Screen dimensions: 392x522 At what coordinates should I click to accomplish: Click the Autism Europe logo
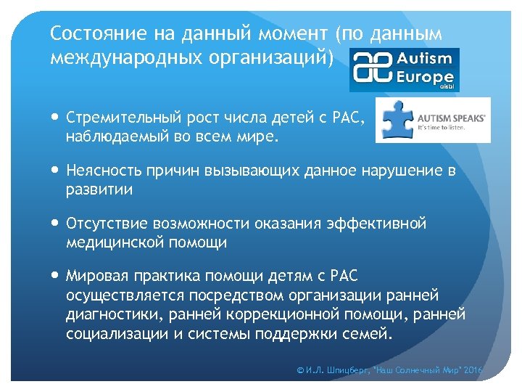click(404, 69)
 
